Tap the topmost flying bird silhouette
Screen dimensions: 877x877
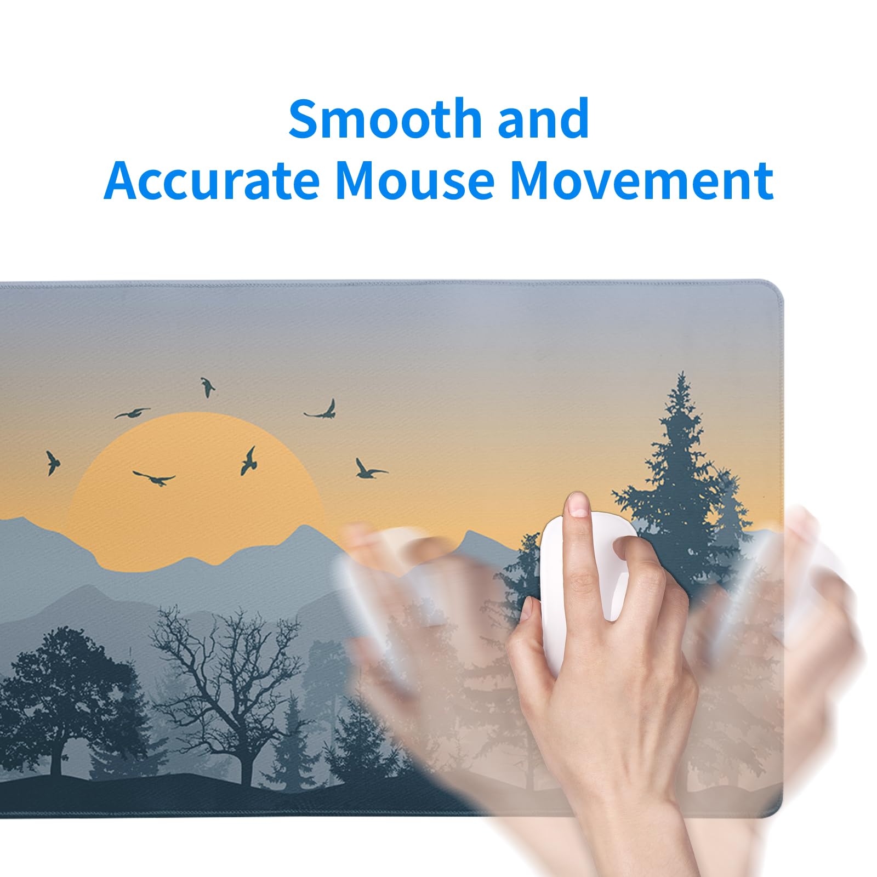coord(207,386)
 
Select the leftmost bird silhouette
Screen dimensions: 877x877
coord(52,462)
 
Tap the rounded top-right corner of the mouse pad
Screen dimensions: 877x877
coord(774,291)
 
